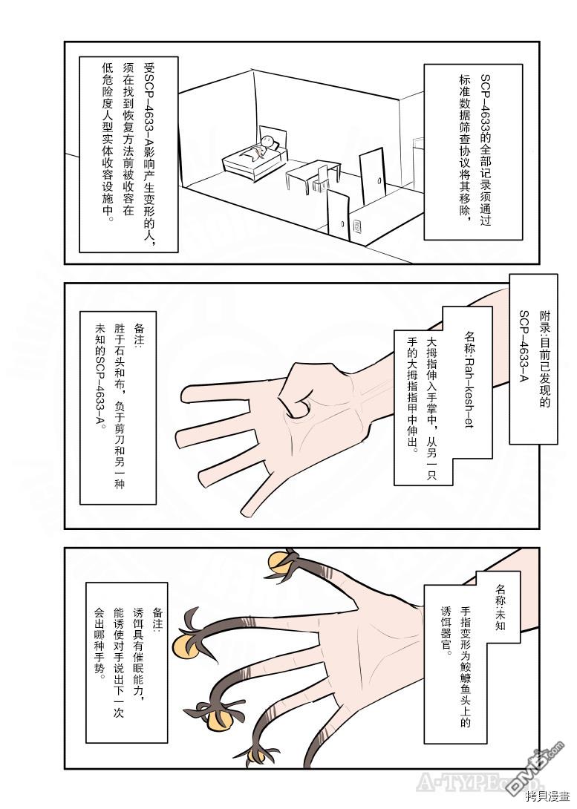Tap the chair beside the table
323,176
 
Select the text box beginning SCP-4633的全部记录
473,151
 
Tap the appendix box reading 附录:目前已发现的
533,358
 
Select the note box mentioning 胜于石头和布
117,407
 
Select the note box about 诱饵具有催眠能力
126,663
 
